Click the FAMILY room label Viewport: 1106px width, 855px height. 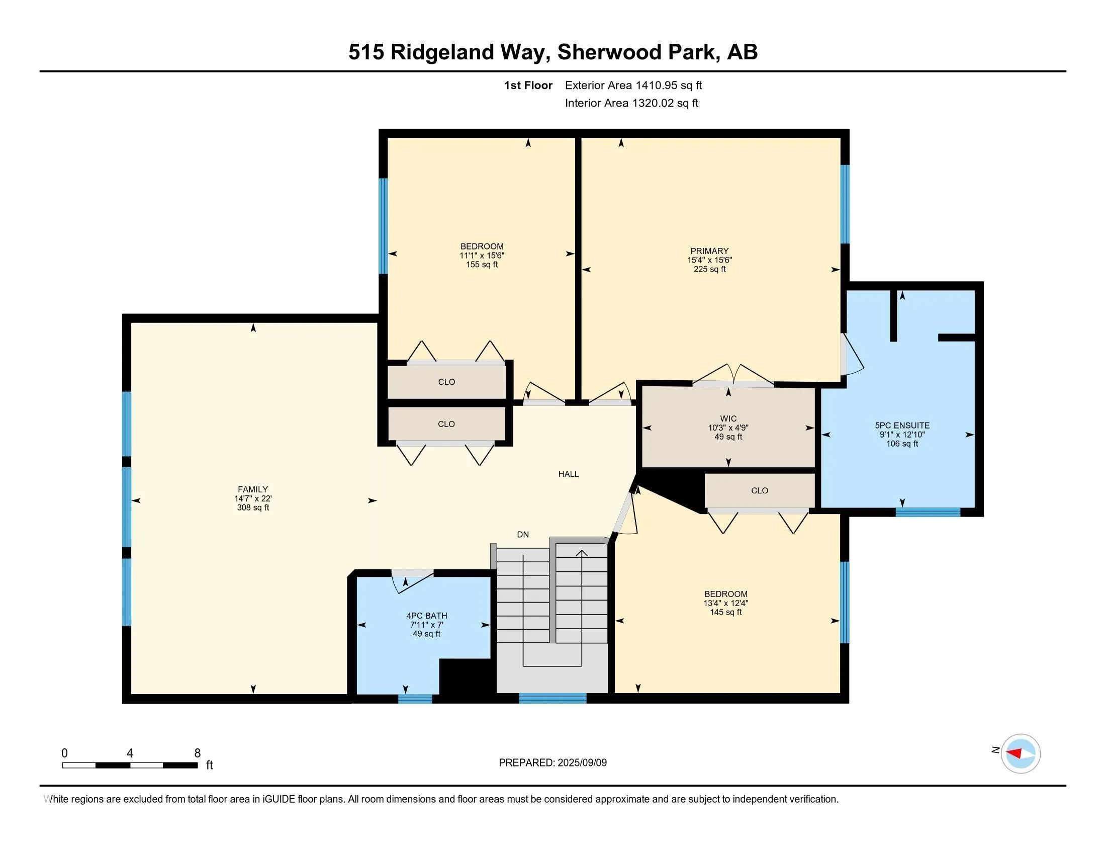pos(253,489)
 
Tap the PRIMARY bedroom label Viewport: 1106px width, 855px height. pos(709,251)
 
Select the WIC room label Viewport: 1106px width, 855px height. pos(728,418)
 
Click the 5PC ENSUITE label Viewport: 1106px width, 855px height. pos(902,425)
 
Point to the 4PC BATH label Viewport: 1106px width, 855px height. pos(426,616)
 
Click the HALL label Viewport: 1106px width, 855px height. pos(568,474)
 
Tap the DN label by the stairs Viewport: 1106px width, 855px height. pos(523,534)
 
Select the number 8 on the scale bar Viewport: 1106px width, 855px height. pos(198,753)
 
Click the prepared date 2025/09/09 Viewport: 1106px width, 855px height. pos(581,763)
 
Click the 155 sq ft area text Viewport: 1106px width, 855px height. pos(482,265)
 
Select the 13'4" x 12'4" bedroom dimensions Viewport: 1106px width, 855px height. pos(725,603)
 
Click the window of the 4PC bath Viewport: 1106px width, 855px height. pos(415,699)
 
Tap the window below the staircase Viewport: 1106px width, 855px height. pos(552,699)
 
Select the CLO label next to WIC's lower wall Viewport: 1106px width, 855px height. pos(759,490)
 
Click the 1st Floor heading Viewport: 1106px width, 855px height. pos(528,85)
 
